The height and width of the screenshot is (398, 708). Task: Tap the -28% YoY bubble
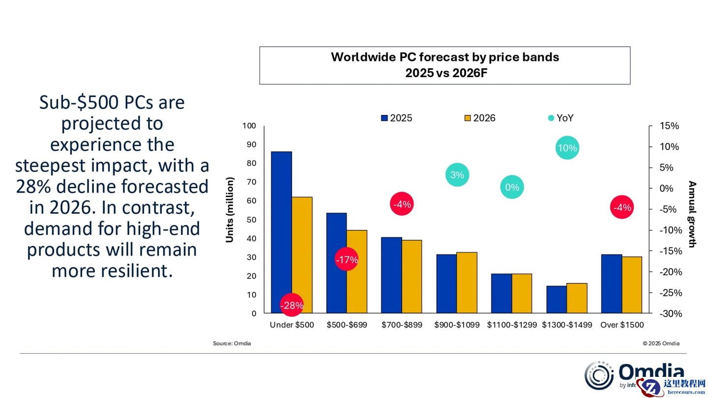coord(292,305)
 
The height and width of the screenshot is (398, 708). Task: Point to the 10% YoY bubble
coord(567,148)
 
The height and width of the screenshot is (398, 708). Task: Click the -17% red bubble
coord(347,259)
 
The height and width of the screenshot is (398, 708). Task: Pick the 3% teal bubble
coord(457,175)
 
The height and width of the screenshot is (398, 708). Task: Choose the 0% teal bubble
coord(512,187)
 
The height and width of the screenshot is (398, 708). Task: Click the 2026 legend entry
coord(480,118)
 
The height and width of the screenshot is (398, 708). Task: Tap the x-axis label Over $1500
coord(622,325)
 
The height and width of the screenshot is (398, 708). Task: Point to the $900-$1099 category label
coord(457,325)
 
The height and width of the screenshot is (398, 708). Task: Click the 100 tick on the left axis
coord(249,126)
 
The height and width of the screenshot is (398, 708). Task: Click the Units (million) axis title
coord(230,210)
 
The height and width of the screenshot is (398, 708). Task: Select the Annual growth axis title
coord(692,214)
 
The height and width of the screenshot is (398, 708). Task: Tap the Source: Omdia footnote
coord(232,343)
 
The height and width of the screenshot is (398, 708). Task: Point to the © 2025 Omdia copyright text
coord(661,343)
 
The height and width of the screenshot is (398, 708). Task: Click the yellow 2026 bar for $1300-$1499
coord(577,298)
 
